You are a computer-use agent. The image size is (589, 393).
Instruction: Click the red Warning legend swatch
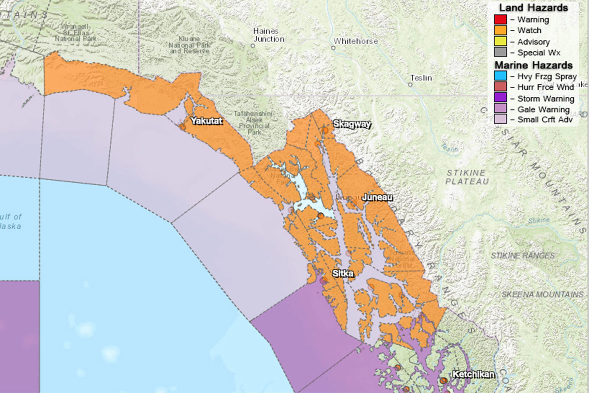point(500,19)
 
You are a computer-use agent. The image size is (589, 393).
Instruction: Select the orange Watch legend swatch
point(500,30)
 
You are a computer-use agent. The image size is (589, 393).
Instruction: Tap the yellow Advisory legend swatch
point(500,41)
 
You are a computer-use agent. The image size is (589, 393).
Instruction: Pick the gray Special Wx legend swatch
point(500,52)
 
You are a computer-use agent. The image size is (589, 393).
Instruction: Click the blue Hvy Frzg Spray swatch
point(500,76)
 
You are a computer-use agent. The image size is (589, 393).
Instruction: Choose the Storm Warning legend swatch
point(500,98)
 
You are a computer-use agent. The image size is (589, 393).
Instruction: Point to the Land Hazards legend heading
point(533,8)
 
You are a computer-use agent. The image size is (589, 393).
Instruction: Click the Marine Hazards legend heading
point(533,65)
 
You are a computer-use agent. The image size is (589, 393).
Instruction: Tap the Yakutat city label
point(206,121)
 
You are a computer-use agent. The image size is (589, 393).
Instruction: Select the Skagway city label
point(352,124)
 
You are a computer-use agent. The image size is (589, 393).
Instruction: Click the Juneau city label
point(377,197)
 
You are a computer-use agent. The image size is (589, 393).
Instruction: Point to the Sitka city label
point(343,273)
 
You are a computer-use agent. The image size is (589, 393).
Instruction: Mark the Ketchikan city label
point(473,374)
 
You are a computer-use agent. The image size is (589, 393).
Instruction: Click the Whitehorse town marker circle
point(333,48)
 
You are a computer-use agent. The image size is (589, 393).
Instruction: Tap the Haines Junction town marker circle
point(253,46)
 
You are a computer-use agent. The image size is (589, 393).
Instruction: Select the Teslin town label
point(421,78)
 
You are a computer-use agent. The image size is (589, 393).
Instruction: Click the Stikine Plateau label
point(467,177)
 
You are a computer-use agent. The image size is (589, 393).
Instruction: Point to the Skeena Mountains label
point(542,294)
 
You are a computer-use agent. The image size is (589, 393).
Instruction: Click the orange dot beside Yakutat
point(183,126)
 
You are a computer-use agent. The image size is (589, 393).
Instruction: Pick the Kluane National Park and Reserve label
point(189,45)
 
